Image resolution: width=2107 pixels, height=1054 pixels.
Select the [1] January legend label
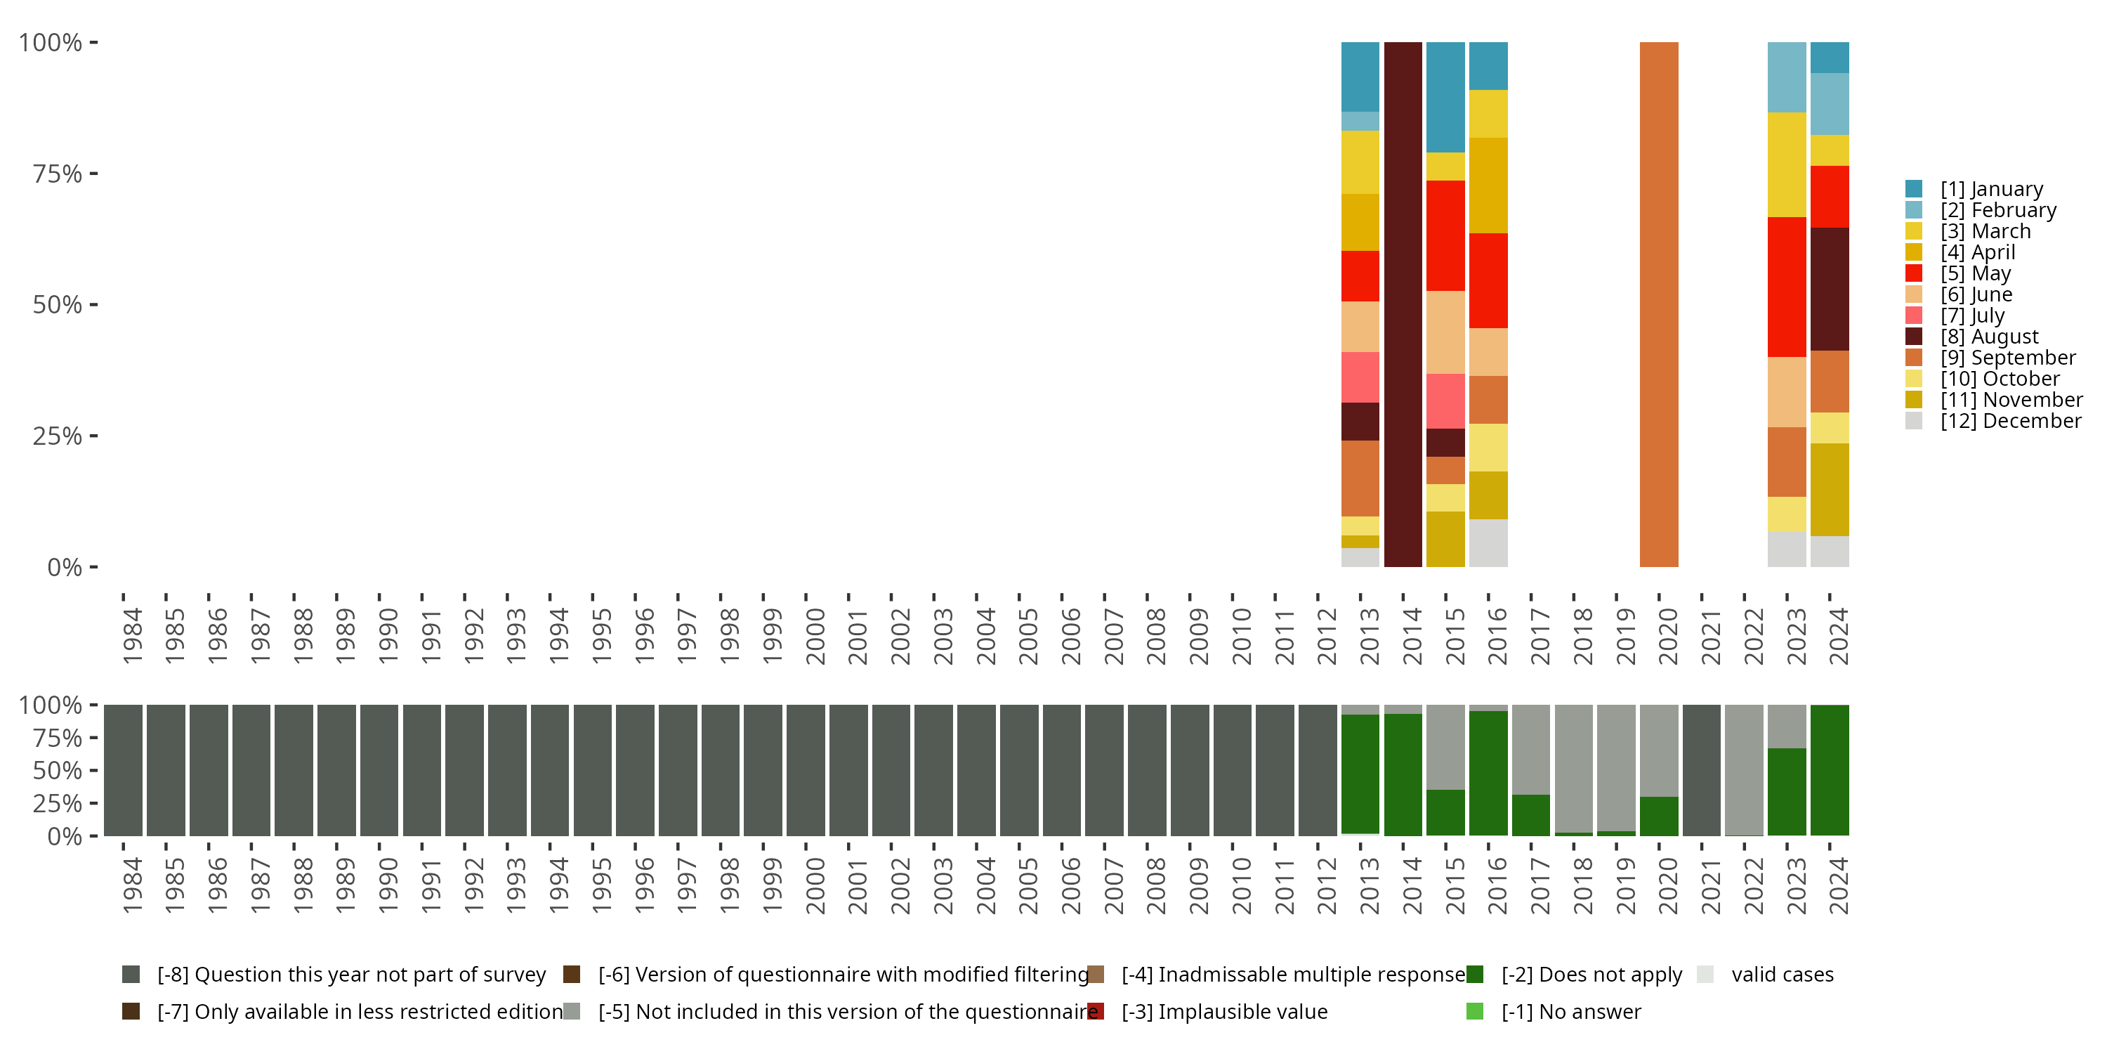pos(1991,189)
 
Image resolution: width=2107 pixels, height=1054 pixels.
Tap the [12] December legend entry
pos(2011,421)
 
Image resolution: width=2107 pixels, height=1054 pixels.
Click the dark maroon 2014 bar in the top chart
pos(1403,304)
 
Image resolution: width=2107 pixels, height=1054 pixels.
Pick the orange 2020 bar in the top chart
pos(1659,304)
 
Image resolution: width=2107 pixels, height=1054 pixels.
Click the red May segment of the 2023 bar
pos(1786,287)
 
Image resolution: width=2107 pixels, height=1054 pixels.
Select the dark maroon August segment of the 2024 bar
pos(1830,289)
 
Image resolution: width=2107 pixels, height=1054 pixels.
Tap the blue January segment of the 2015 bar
pos(1445,96)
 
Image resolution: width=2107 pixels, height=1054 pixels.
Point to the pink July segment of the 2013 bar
pos(1360,377)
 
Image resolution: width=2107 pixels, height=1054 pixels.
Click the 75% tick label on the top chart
pos(58,174)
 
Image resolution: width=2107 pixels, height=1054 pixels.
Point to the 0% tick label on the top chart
pos(65,567)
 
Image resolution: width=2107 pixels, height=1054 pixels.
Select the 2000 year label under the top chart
pos(815,636)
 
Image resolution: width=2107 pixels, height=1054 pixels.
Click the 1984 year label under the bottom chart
pos(132,885)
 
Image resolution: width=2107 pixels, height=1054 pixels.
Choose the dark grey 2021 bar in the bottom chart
pos(1701,770)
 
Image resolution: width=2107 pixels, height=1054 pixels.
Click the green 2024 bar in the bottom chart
pos(1830,770)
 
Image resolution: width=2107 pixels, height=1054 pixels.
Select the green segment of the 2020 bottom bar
pos(1659,816)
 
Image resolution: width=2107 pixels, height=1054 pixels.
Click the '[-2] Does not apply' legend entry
pos(1591,975)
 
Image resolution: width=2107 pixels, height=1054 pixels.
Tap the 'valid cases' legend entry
pos(1781,975)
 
